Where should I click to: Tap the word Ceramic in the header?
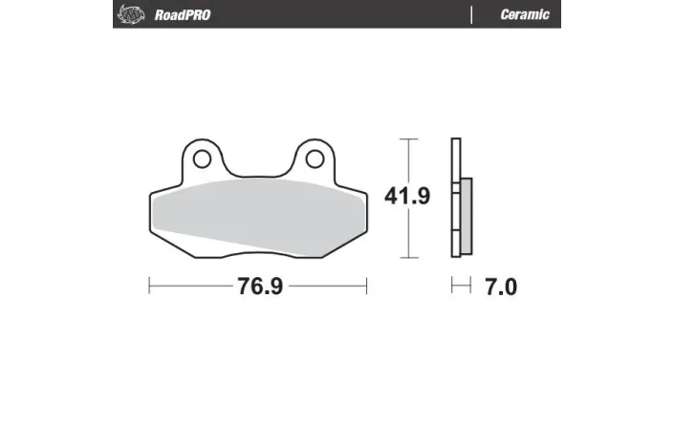524,14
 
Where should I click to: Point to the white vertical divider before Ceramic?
472,14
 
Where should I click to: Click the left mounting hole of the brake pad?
202,158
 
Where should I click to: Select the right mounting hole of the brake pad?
315,158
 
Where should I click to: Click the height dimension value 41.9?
407,197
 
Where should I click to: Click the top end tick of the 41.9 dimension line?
408,139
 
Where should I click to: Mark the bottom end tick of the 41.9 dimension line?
408,258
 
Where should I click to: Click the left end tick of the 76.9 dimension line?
150,286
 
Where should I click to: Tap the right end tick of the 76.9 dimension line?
367,286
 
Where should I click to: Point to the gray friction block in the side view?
466,217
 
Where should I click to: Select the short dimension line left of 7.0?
462,286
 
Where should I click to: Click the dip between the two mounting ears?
258,175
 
